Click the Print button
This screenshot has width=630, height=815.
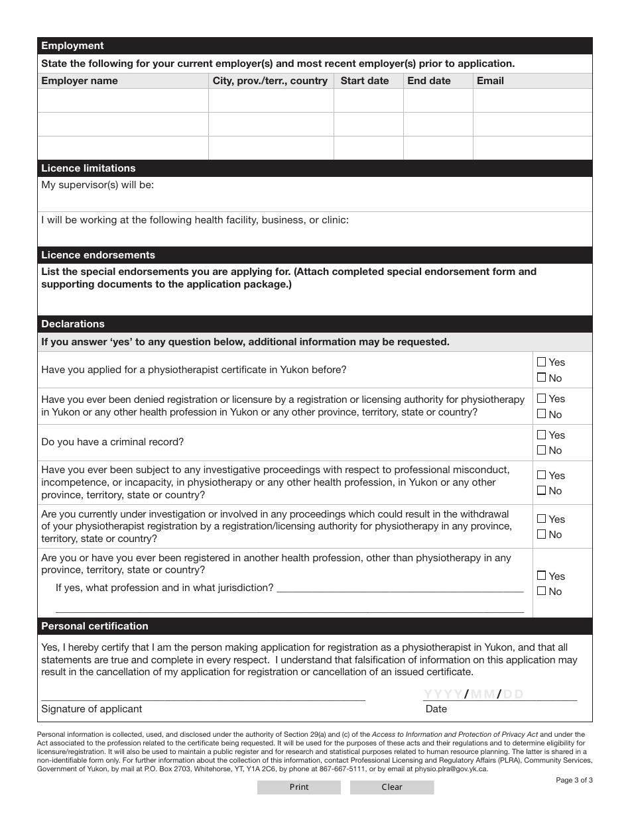point(298,787)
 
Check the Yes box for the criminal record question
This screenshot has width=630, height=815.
point(541,435)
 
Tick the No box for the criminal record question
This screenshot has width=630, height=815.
point(541,450)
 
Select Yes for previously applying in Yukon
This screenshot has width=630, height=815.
point(541,362)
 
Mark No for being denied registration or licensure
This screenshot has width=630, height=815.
point(541,414)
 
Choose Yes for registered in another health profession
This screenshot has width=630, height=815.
point(541,576)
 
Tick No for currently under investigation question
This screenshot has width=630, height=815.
point(541,534)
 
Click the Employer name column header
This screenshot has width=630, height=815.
point(80,81)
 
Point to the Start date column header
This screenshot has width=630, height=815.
point(364,81)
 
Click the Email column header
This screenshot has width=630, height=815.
point(490,81)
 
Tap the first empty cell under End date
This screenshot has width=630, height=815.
point(438,101)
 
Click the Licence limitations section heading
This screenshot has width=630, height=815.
point(88,168)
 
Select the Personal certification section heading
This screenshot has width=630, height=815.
point(95,626)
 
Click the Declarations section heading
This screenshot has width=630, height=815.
point(73,324)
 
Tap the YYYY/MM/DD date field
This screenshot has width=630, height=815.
point(473,694)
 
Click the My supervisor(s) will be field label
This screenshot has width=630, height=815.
point(97,185)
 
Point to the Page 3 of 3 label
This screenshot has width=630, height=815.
point(574,780)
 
